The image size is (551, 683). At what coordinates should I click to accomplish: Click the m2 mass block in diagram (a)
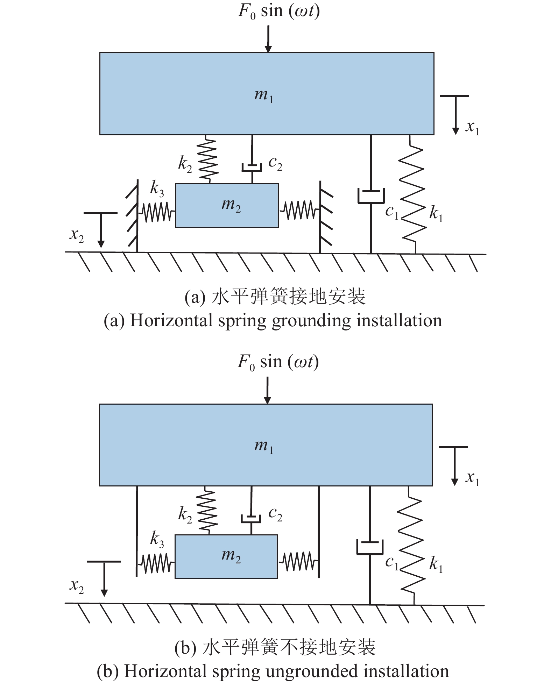click(227, 205)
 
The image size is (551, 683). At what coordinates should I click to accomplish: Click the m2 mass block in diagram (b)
click(226, 556)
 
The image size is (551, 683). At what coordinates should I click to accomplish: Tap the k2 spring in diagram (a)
click(208, 159)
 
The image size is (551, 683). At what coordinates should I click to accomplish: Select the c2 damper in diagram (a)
click(252, 167)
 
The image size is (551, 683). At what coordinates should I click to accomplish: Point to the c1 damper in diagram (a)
click(371, 196)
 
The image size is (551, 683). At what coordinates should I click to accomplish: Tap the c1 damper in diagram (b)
click(370, 547)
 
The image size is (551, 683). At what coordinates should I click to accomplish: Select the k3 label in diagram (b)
click(157, 539)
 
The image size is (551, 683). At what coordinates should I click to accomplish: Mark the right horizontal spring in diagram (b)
click(298, 562)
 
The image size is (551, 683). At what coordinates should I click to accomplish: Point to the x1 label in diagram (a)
click(472, 127)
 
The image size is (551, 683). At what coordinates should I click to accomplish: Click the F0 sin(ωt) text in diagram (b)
click(278, 362)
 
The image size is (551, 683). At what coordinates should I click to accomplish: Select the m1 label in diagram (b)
click(264, 446)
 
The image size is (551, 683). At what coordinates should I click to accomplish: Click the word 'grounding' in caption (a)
click(311, 321)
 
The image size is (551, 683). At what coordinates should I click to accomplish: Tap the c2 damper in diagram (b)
click(251, 518)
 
